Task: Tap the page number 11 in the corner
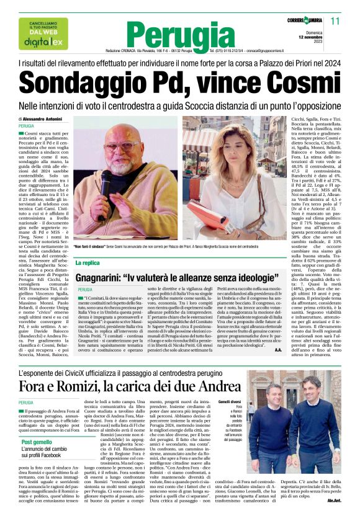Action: click(x=335, y=22)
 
